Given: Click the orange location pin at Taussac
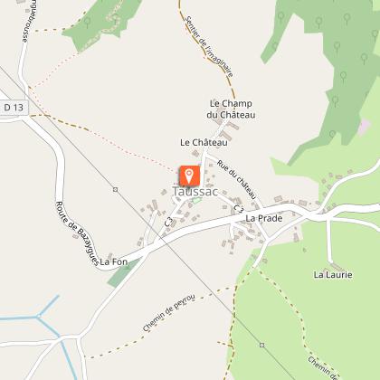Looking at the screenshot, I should (x=190, y=176).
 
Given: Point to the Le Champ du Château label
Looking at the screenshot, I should (x=232, y=109).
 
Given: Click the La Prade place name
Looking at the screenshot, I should (x=264, y=218).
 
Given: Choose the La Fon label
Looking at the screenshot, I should (x=115, y=262).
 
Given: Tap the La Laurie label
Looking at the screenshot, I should (x=331, y=273).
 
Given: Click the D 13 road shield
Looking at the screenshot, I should (x=13, y=108).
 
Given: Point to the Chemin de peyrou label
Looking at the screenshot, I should (x=168, y=314).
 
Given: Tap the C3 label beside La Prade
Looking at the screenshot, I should (x=239, y=210).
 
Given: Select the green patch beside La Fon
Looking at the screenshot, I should (x=121, y=274).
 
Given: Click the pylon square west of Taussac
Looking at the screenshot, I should (x=115, y=189).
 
